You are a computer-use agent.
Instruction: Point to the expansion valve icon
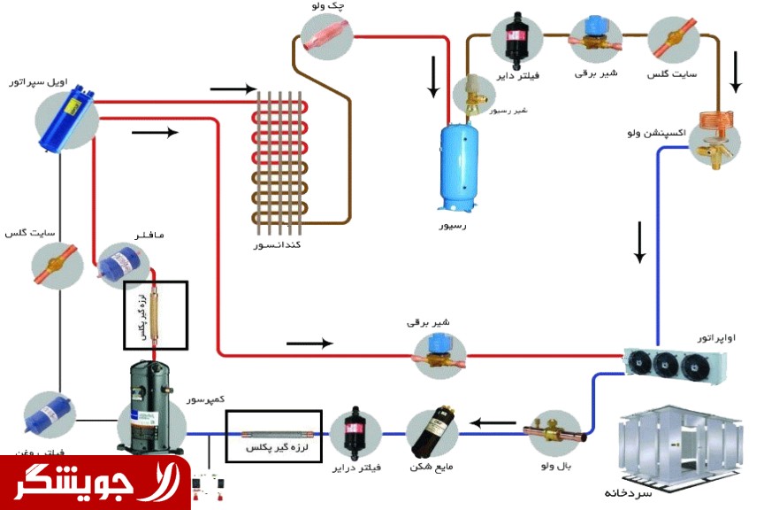(x=714, y=135)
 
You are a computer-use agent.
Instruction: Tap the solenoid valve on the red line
(x=439, y=354)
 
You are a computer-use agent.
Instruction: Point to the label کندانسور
(x=277, y=243)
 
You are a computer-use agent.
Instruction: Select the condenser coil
(x=283, y=159)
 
